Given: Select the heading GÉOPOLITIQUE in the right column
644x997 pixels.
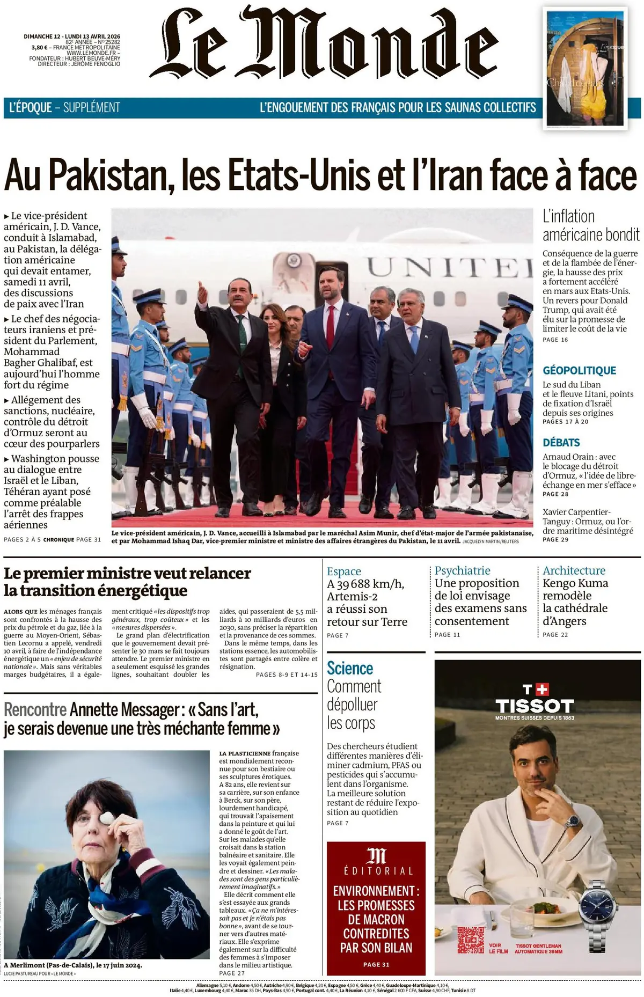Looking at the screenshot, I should click(x=579, y=371).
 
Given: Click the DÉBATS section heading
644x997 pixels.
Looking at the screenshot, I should click(x=561, y=443).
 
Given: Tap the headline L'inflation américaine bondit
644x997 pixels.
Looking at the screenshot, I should click(x=590, y=225).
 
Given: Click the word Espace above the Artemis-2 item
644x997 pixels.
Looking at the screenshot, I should click(x=344, y=571).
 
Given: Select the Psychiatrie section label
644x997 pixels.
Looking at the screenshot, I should click(x=463, y=571).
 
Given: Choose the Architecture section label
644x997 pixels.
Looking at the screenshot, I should click(x=574, y=571).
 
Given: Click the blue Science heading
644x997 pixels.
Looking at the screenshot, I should click(x=350, y=669).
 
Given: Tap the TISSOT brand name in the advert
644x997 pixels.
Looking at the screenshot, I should click(x=535, y=706).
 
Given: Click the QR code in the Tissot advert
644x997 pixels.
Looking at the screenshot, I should click(x=471, y=940).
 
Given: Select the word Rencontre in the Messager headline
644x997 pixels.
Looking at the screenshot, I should click(x=35, y=710).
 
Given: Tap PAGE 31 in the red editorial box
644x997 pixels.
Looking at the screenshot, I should click(x=376, y=964).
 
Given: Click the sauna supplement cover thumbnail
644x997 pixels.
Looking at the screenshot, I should click(x=586, y=69).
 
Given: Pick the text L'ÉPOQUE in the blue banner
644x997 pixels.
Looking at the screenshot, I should click(x=31, y=108).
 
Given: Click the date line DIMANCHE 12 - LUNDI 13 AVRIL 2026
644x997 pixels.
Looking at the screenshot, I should click(x=72, y=36).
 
